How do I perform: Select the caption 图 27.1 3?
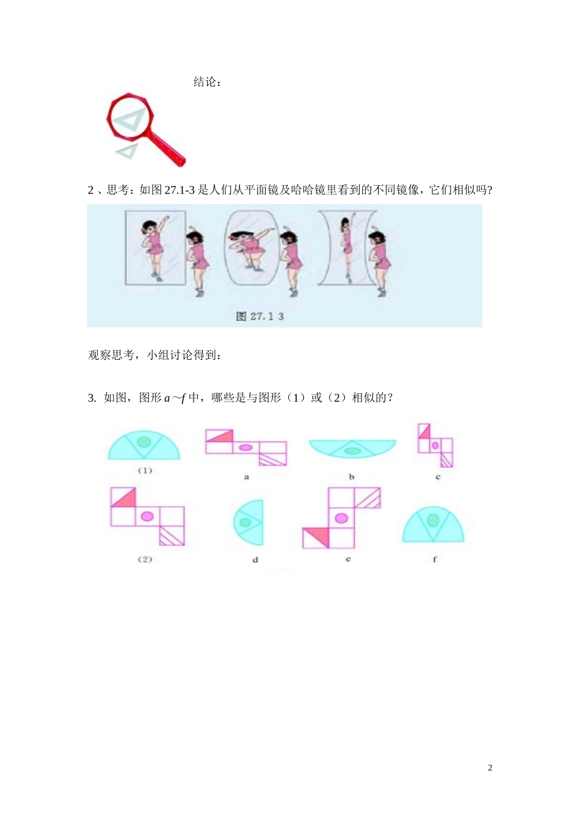260,316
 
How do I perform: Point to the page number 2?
490,768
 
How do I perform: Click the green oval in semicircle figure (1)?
143,441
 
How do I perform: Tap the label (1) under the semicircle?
145,470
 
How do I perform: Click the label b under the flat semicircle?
352,476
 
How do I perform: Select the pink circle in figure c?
435,445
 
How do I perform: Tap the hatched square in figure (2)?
172,536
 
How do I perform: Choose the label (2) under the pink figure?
145,559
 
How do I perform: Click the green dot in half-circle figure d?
245,522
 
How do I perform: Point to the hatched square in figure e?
367,498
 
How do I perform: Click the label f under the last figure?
435,559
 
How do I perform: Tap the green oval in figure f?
433,520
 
